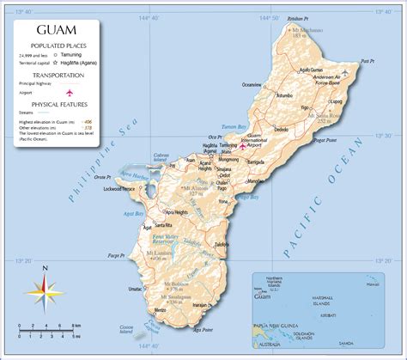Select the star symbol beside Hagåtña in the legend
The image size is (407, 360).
(x=56, y=63)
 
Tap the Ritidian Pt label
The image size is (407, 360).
(x=297, y=18)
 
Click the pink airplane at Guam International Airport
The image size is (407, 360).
(x=243, y=146)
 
